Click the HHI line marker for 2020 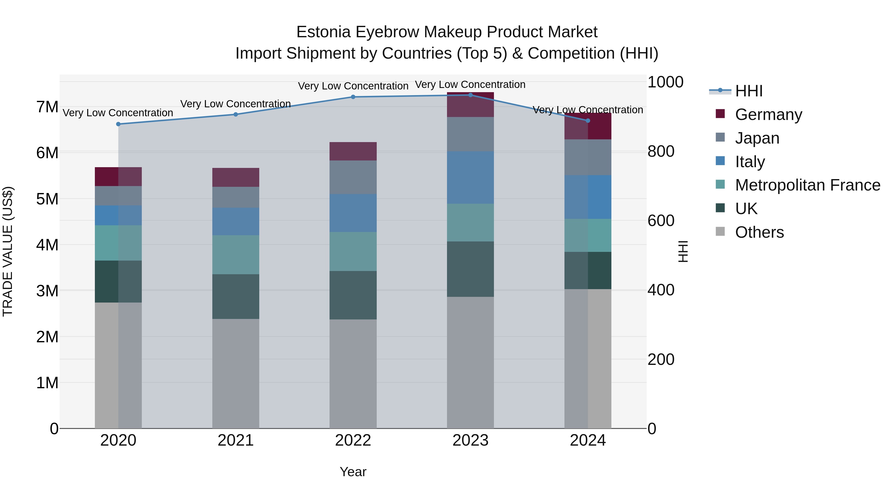[118, 124]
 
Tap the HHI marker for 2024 [588, 121]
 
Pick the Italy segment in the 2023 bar [470, 178]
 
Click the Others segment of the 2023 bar [470, 362]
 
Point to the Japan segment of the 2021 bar [236, 197]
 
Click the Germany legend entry [768, 115]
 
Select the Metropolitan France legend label [807, 185]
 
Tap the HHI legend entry [748, 91]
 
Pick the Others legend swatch [720, 232]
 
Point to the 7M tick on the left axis [47, 107]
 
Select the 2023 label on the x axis [470, 440]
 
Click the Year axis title [353, 472]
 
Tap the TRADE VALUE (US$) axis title [8, 251]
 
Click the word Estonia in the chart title [323, 32]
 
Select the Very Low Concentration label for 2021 [235, 104]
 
